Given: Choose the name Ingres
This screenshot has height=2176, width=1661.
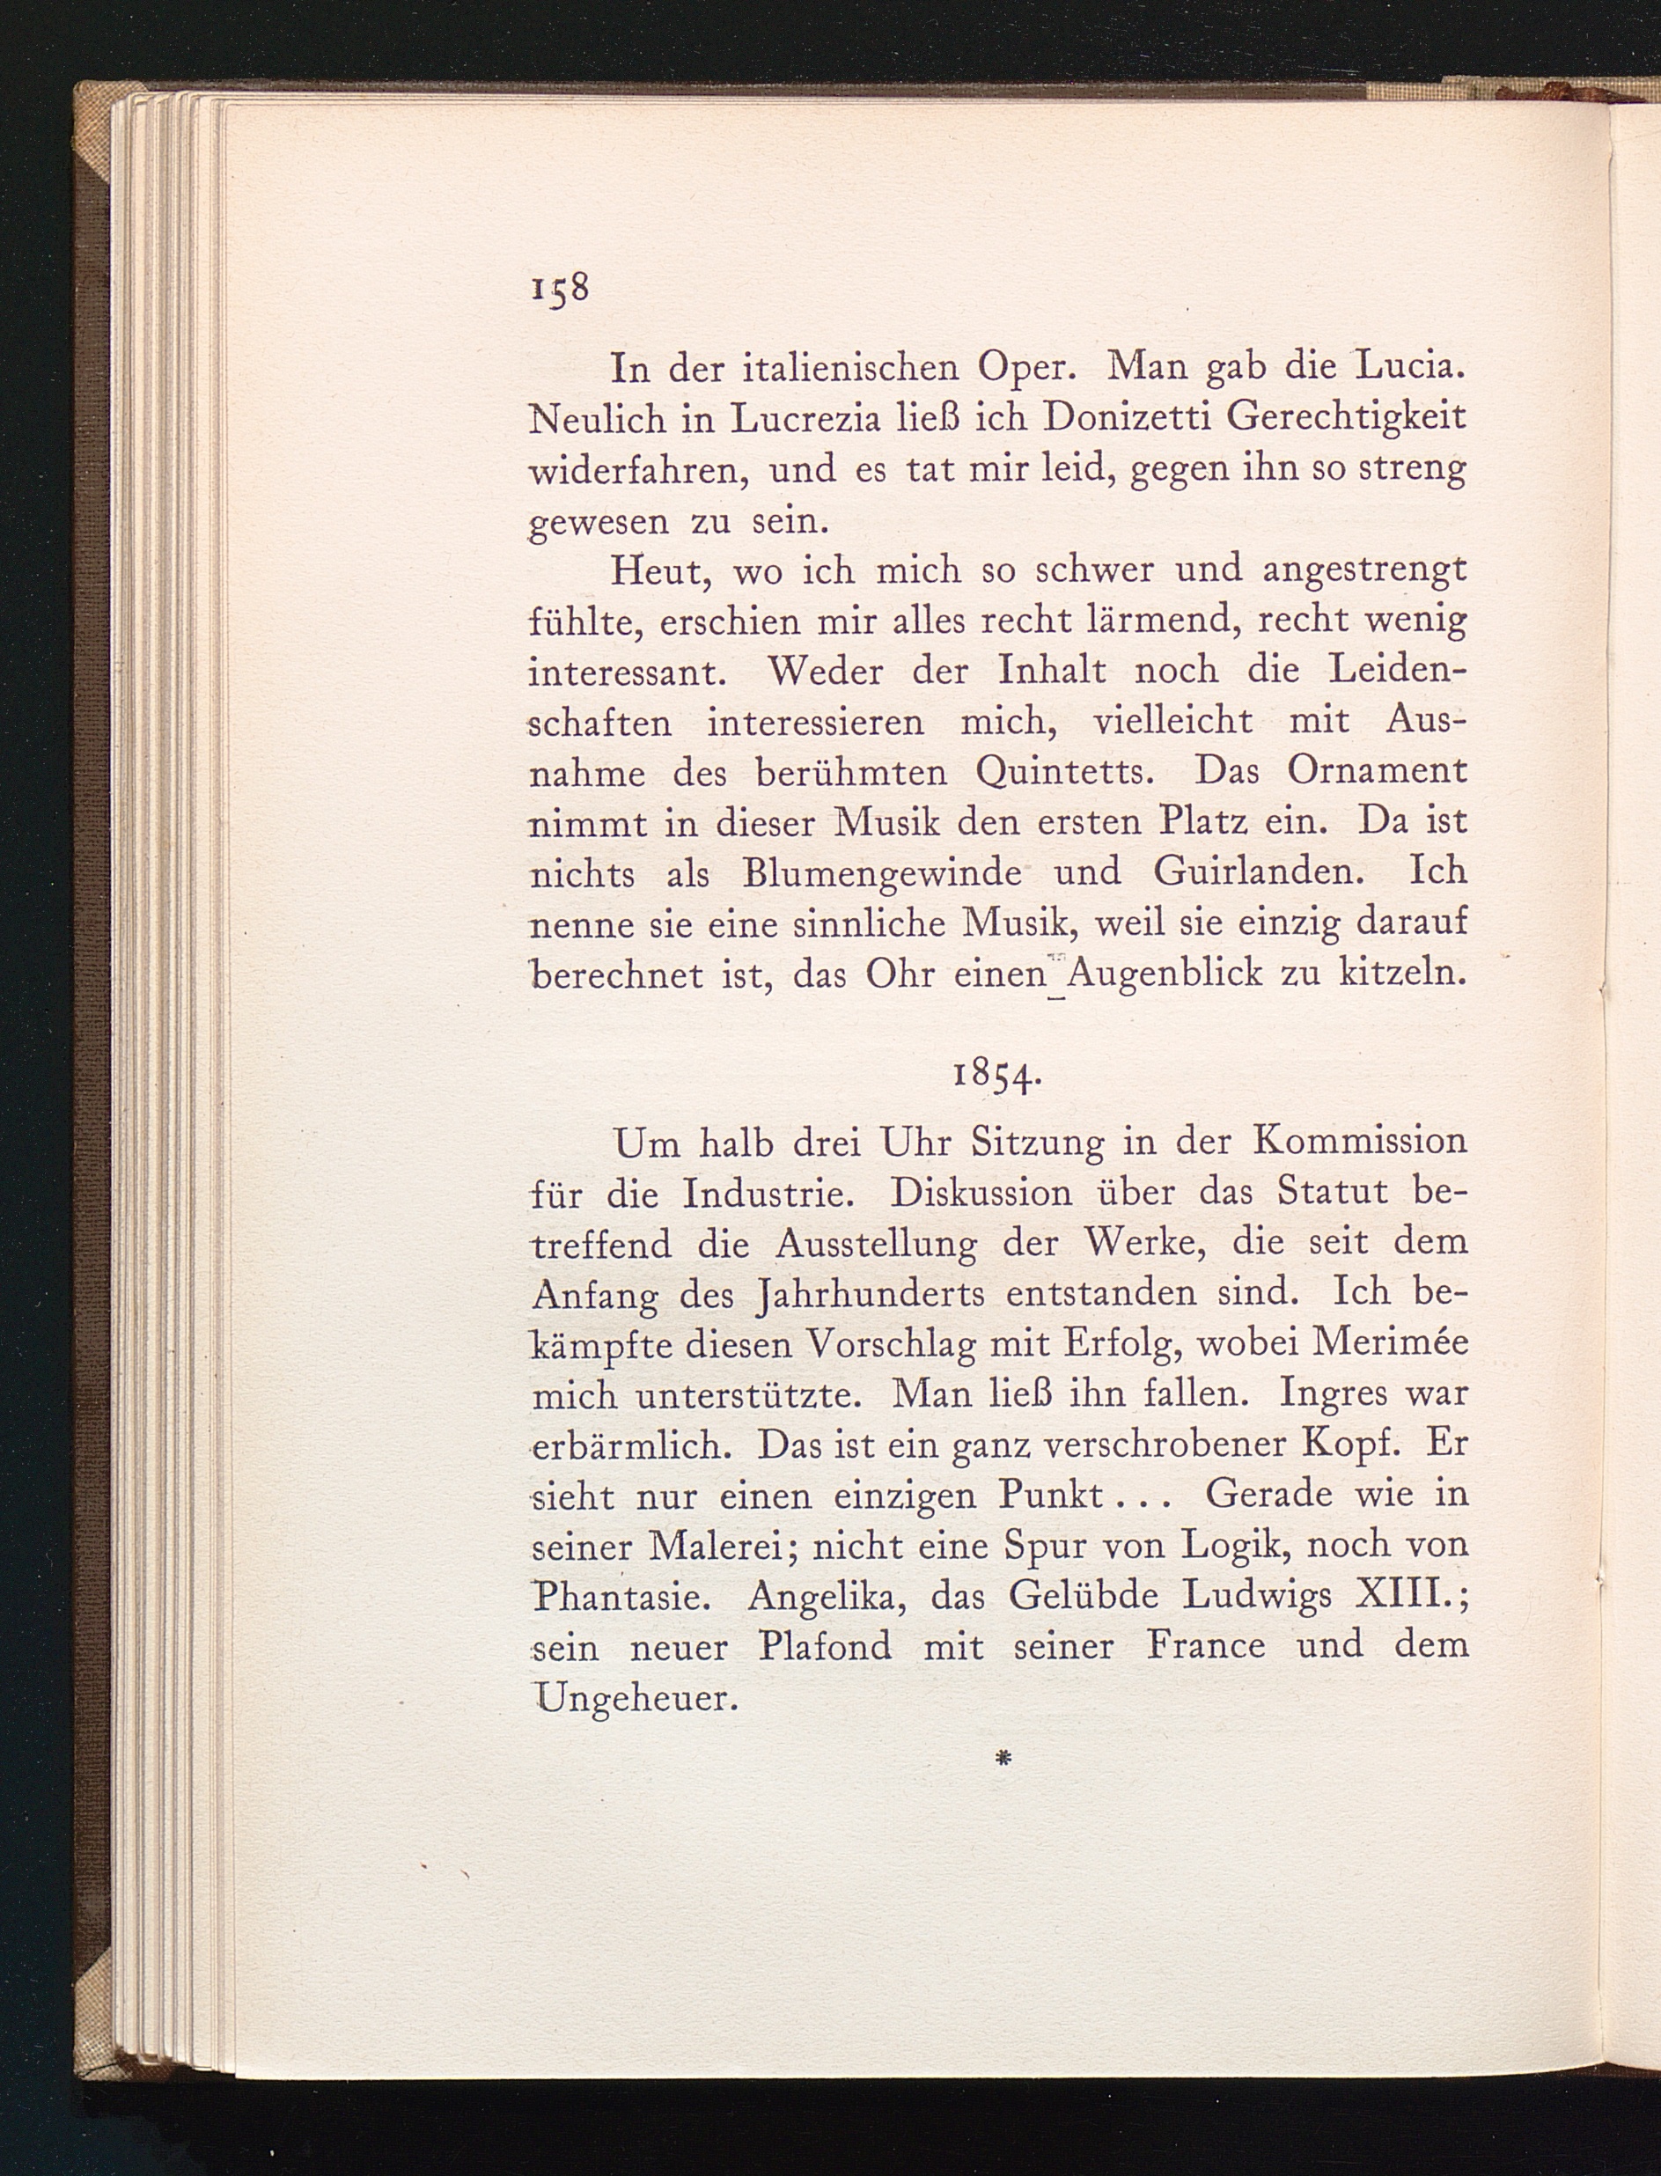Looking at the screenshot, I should point(1334,1396).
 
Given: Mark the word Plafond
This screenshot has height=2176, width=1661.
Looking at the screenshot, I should point(825,1646).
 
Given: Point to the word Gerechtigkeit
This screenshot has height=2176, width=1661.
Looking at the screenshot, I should point(1347,419).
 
